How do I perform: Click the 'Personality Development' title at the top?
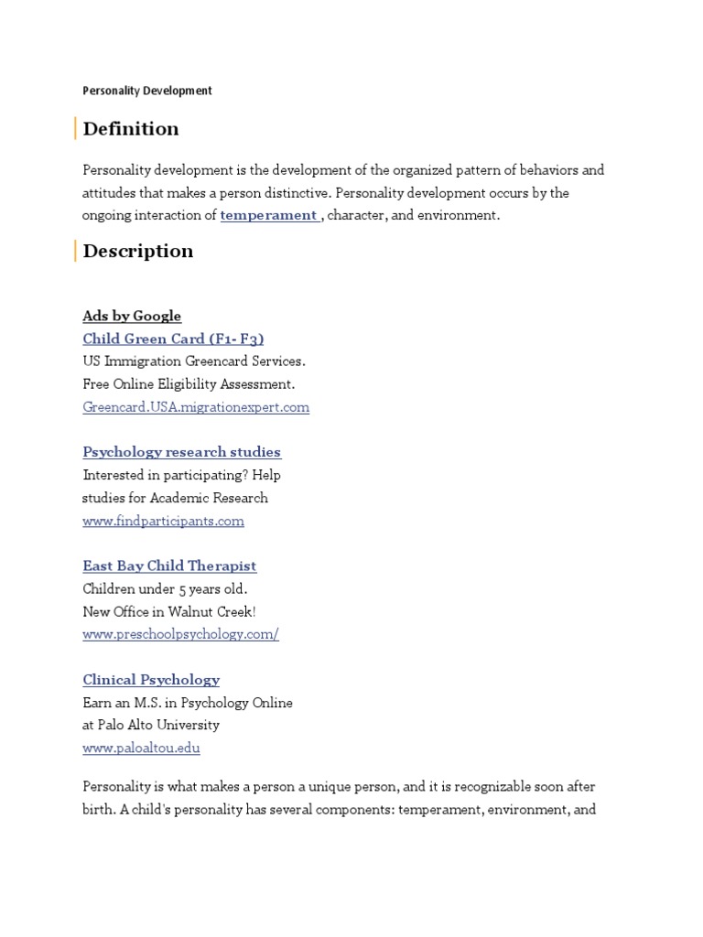147,91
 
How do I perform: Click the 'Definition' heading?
131,129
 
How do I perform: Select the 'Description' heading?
138,251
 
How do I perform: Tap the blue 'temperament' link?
268,216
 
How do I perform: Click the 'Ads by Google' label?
132,317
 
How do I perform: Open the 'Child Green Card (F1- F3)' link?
173,339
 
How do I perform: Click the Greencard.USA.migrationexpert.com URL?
196,407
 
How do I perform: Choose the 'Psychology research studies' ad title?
181,452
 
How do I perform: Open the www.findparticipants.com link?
163,522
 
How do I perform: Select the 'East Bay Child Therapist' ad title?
169,566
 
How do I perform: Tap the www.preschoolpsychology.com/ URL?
180,634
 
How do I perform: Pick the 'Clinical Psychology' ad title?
151,680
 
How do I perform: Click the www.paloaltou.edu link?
141,749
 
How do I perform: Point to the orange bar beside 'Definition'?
75,129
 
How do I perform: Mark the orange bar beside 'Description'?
75,251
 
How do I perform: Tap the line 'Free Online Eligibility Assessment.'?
189,384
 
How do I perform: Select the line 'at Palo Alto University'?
151,725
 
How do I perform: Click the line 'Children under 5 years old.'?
165,588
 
